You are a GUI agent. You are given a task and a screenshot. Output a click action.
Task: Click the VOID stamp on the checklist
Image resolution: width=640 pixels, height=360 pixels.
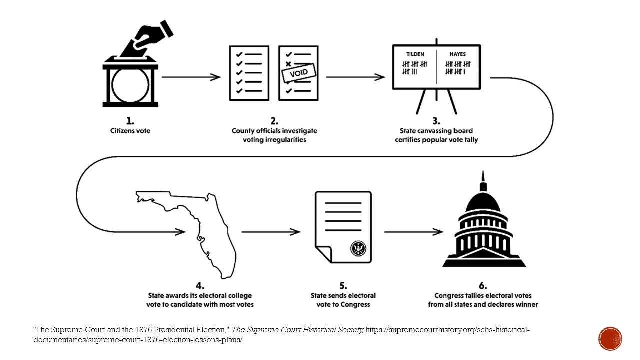point(299,73)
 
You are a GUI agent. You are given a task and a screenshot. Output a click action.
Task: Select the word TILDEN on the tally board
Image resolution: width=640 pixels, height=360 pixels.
point(414,54)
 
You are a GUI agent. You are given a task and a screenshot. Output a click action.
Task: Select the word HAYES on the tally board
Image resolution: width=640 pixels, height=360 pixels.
point(457,54)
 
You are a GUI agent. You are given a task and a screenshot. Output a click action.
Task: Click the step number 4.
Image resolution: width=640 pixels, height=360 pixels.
point(200,286)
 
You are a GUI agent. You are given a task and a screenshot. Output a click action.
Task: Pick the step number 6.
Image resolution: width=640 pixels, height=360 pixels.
point(482,286)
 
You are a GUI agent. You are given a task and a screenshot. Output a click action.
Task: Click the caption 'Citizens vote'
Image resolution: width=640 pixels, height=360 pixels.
point(130,131)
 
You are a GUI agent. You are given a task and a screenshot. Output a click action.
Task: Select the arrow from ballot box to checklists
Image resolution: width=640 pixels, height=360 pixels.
point(192,77)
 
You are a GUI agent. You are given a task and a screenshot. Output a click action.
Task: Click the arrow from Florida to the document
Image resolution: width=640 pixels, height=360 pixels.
point(271,232)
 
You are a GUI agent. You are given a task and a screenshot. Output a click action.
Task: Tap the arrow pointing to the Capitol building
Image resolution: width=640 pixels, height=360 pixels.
point(414,232)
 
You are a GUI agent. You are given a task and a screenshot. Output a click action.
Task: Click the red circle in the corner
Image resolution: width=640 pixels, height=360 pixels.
point(610,338)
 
